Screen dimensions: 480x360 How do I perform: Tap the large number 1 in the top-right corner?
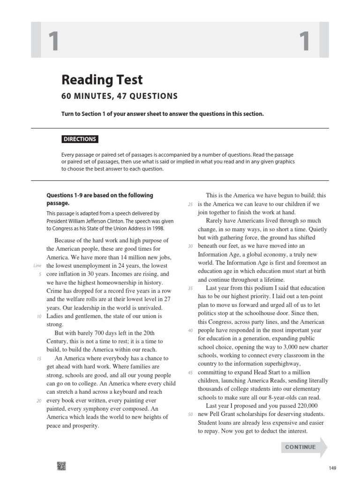tap(305, 41)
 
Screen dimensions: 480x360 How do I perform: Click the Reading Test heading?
tap(102, 80)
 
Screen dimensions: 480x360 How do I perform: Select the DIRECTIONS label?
tap(80, 139)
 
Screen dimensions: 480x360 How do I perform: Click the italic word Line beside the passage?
tap(38, 266)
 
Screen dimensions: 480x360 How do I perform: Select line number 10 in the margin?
tap(39, 316)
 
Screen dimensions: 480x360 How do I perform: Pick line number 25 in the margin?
tap(190, 204)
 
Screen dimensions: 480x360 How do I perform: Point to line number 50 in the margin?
tap(190, 414)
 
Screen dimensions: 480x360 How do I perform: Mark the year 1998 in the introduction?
tap(155, 229)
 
